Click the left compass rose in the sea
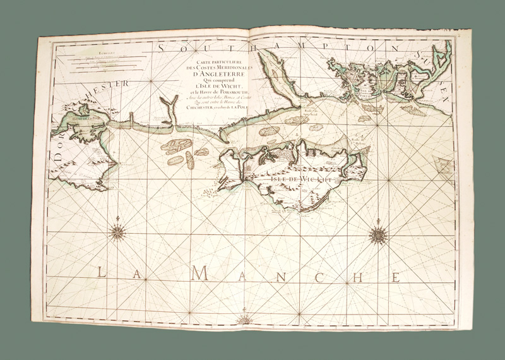[117, 232]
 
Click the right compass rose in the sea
[378, 236]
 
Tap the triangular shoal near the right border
[445, 168]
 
